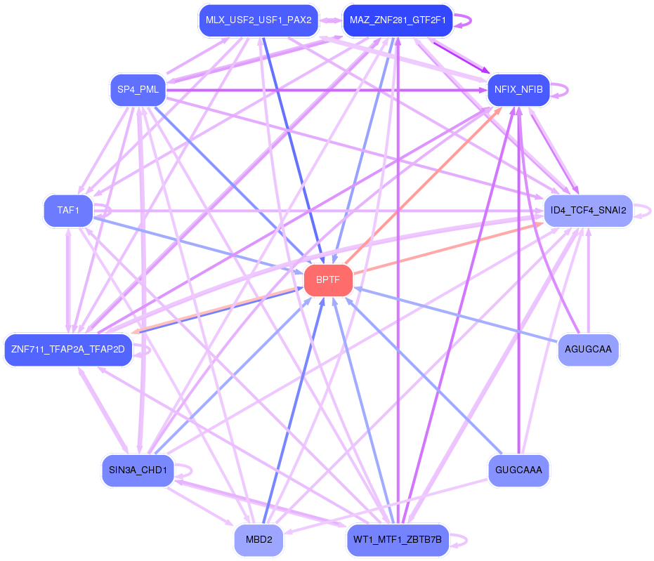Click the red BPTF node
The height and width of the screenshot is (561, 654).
point(328,280)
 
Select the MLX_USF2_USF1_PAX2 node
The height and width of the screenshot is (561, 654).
point(259,20)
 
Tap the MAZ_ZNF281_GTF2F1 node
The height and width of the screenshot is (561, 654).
point(397,20)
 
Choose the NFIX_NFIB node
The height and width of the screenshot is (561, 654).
point(518,90)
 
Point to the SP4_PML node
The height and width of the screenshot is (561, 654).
point(138,90)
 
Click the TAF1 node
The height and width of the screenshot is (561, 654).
point(68,210)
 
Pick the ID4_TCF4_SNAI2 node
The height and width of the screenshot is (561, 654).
point(588,210)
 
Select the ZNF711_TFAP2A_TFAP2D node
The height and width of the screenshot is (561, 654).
point(68,349)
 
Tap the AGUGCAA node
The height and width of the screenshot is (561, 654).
point(588,349)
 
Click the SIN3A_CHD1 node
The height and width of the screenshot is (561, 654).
point(138,470)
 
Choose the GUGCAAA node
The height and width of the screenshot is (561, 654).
point(518,470)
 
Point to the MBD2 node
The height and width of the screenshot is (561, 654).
point(259,540)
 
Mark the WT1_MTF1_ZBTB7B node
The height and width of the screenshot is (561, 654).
point(397,540)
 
